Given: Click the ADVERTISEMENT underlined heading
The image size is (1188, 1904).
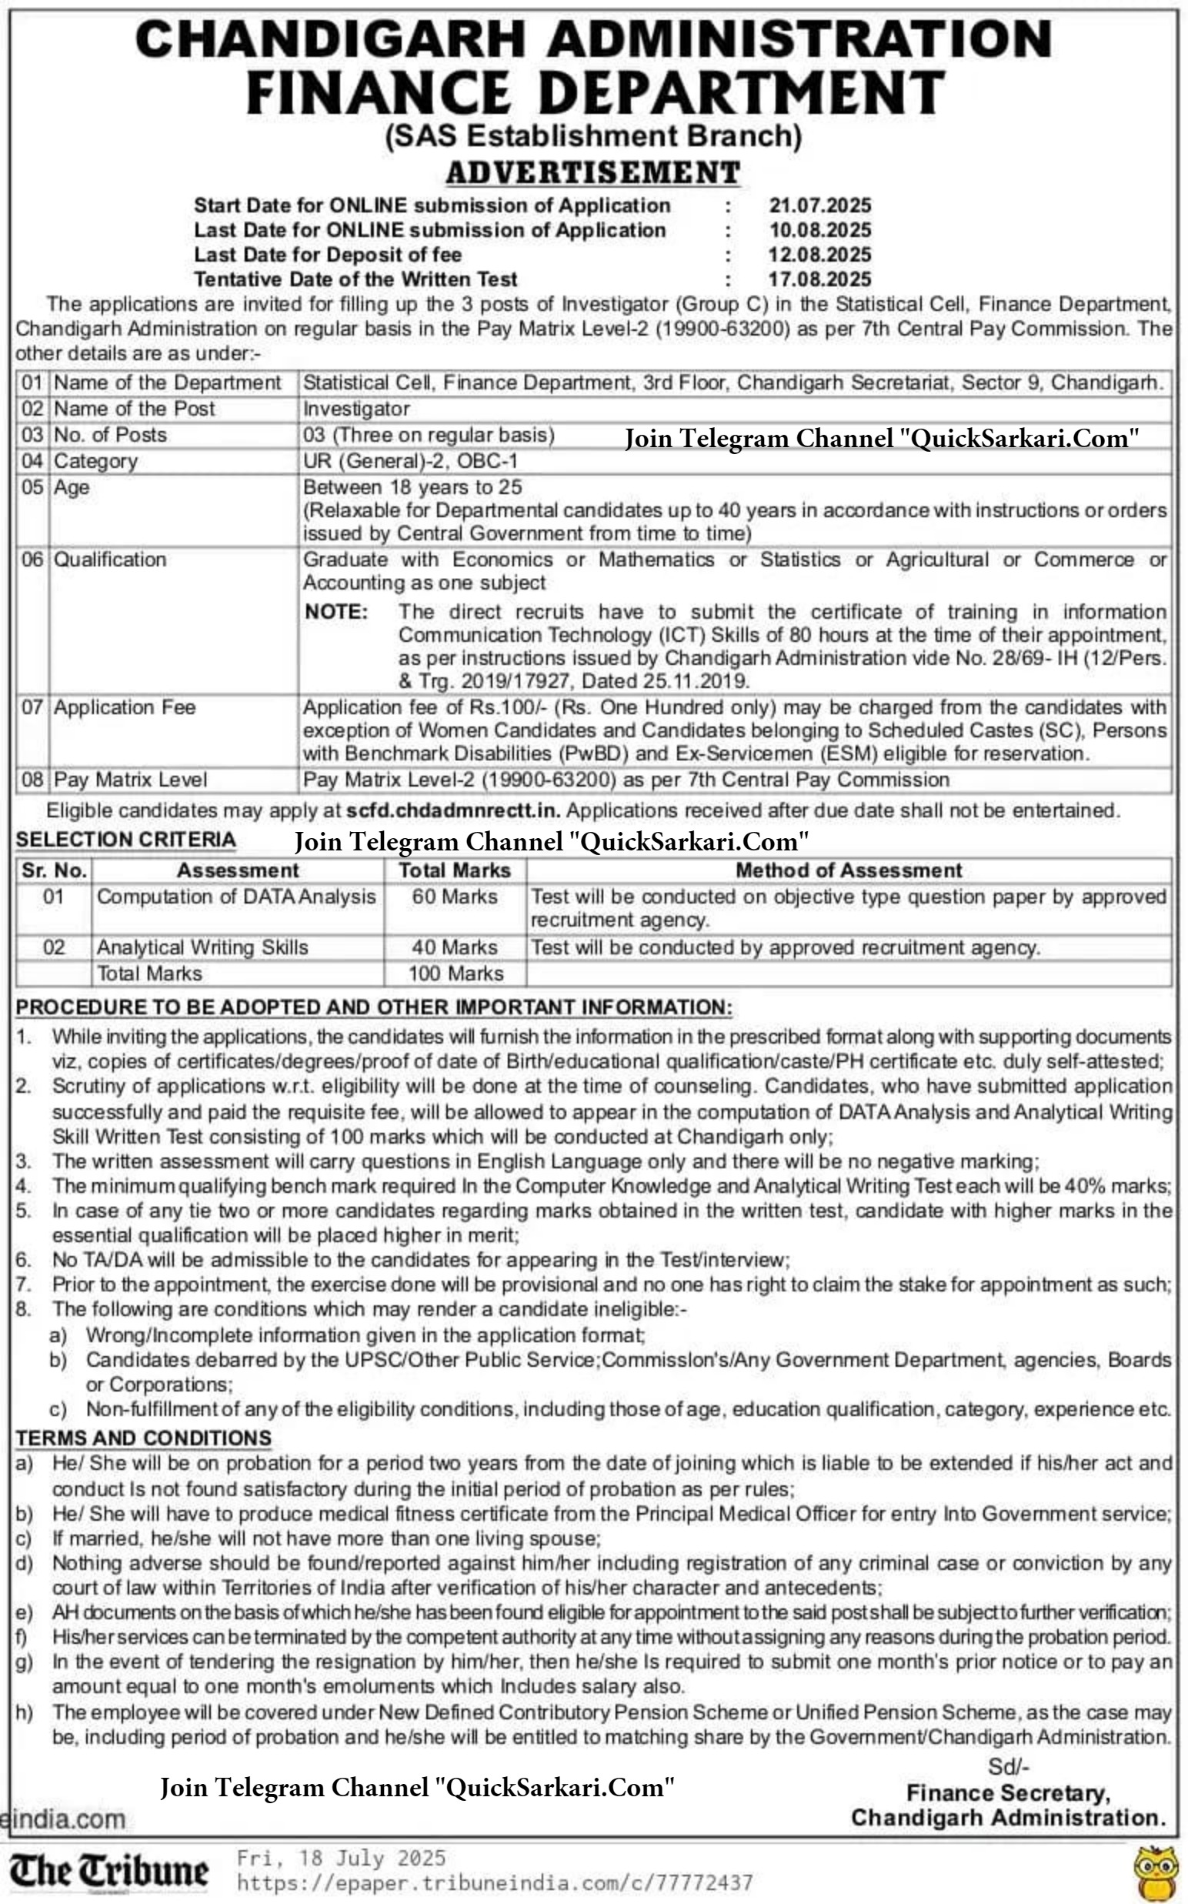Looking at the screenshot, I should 593,172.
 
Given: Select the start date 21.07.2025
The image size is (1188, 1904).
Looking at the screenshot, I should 820,206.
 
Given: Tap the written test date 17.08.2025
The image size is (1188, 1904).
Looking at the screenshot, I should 820,279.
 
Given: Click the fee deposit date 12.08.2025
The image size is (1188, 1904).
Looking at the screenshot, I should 820,255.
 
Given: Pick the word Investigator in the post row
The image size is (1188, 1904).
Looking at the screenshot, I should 356,409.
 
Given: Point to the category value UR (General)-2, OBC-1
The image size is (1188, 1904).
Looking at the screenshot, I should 410,461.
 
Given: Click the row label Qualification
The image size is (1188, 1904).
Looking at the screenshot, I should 110,560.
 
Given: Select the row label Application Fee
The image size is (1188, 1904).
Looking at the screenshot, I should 124,707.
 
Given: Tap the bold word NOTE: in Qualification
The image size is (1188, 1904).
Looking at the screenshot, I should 336,612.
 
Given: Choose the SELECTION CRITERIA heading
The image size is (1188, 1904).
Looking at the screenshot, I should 125,840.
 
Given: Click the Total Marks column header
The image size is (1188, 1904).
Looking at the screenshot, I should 455,870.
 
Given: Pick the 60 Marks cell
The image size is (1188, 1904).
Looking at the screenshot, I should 455,897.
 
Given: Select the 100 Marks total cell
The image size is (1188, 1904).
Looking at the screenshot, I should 456,974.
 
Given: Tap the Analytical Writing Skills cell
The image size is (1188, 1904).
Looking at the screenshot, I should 202,947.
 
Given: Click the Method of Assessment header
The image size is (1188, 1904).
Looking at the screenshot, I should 849,870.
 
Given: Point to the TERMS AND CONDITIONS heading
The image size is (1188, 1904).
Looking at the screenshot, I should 144,1438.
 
